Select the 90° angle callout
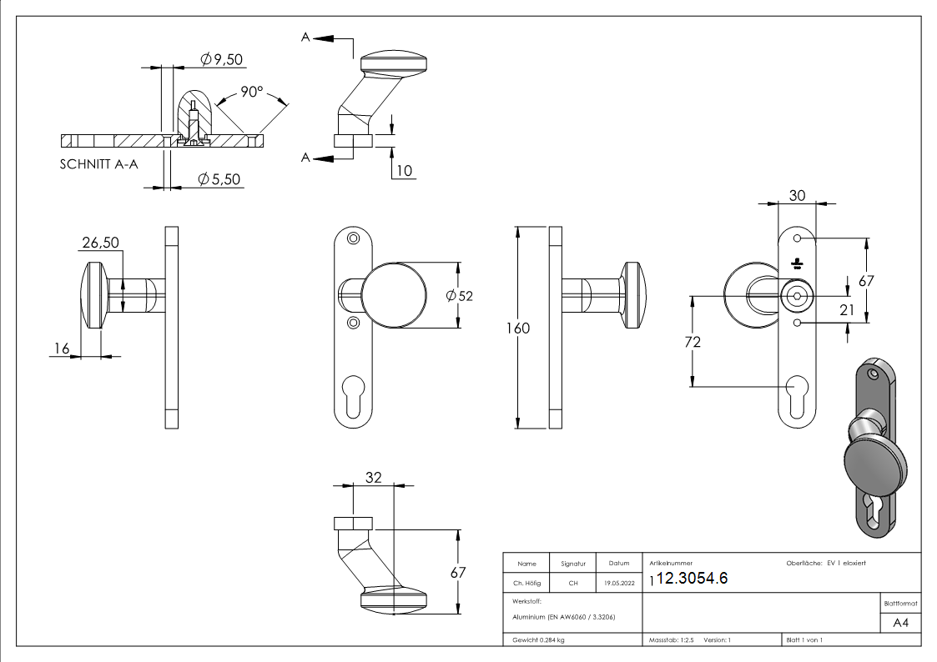pos(252,92)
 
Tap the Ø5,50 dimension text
pos(219,179)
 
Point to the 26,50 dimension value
pos(100,243)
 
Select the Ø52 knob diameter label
pos(460,296)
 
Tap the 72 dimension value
pos(693,342)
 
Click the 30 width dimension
pos(797,195)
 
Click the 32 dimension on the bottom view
pos(372,478)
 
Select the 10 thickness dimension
pos(404,170)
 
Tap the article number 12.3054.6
pos(693,579)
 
